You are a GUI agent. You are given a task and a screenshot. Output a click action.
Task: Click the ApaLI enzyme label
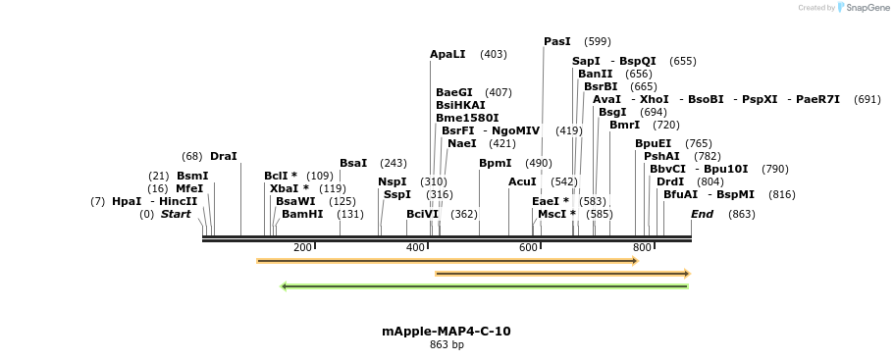[x=447, y=54]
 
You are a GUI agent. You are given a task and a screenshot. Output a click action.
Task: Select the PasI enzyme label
[x=556, y=41]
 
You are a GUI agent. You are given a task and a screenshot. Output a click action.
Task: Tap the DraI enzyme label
[x=224, y=156]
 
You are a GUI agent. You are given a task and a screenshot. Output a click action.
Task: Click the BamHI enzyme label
[x=302, y=214]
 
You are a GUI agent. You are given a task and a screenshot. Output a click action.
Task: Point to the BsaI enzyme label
[x=353, y=163]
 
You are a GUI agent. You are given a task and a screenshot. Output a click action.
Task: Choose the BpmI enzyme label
[x=496, y=163]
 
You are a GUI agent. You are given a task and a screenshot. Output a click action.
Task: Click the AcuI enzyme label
[x=522, y=181]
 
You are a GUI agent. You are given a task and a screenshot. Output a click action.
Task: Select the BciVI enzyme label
[x=423, y=214]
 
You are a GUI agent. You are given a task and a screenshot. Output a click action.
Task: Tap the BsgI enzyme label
[x=612, y=112]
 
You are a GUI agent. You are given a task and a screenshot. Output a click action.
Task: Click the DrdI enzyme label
[x=670, y=181]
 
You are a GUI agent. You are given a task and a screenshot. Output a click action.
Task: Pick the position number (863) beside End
[x=742, y=214]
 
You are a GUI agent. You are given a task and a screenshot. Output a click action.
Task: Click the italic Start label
[x=176, y=214]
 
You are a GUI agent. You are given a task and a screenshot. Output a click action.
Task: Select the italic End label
[x=702, y=214]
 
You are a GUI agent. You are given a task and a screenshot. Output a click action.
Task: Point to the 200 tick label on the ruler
[x=302, y=247]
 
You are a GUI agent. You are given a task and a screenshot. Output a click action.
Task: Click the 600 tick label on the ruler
[x=529, y=247]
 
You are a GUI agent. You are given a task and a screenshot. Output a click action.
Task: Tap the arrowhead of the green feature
[x=285, y=286]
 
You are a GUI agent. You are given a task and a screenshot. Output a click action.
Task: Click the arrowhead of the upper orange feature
[x=634, y=261]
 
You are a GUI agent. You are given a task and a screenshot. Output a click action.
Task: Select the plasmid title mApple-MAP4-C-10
[x=447, y=332]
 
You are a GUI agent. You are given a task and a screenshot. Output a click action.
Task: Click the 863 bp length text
[x=447, y=344]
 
